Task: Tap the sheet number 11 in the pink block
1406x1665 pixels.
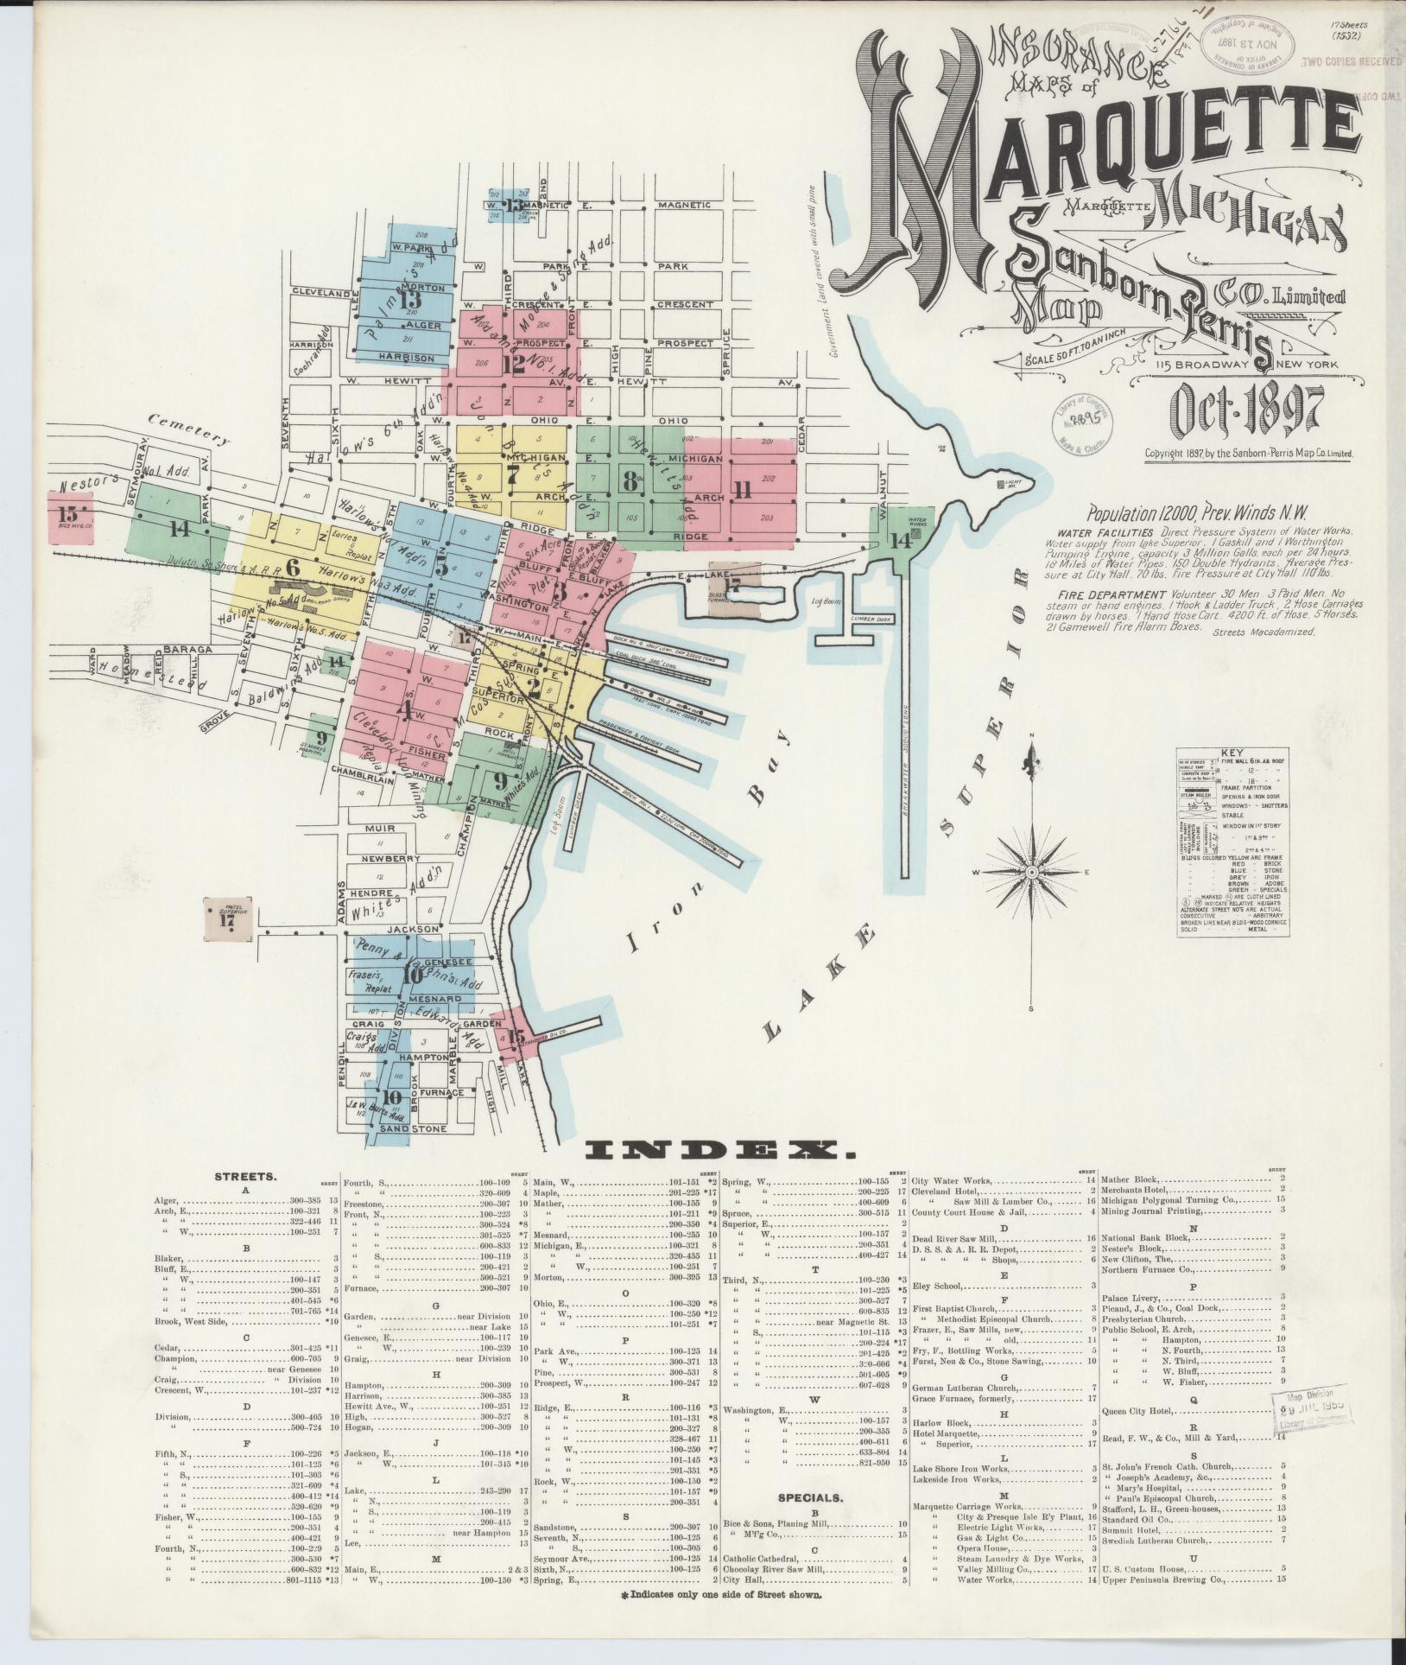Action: (740, 489)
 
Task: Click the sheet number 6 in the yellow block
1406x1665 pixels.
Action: (292, 568)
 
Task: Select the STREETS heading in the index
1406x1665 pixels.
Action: (246, 1176)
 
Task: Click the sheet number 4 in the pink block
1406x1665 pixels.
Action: (402, 709)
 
